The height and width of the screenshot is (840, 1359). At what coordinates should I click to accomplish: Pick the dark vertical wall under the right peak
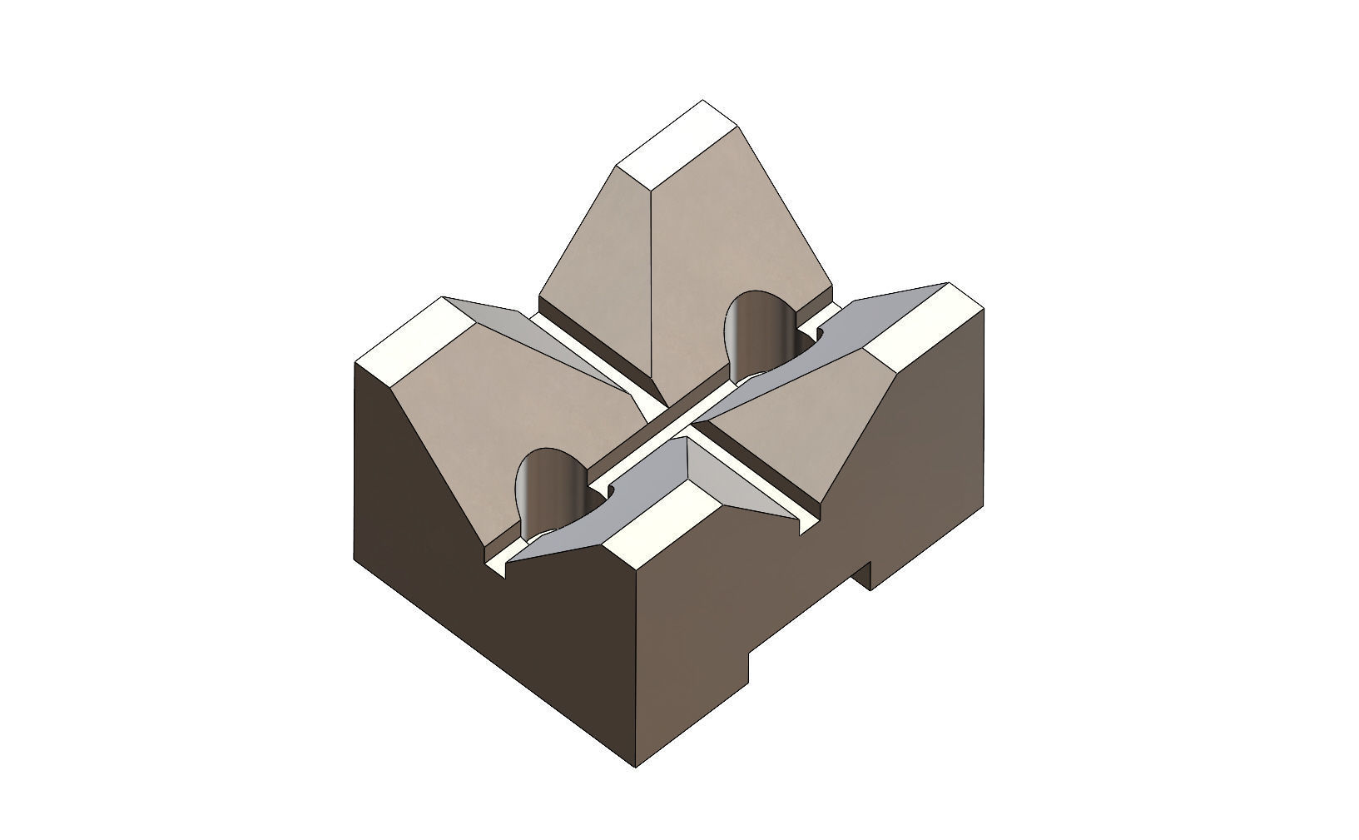924,466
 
